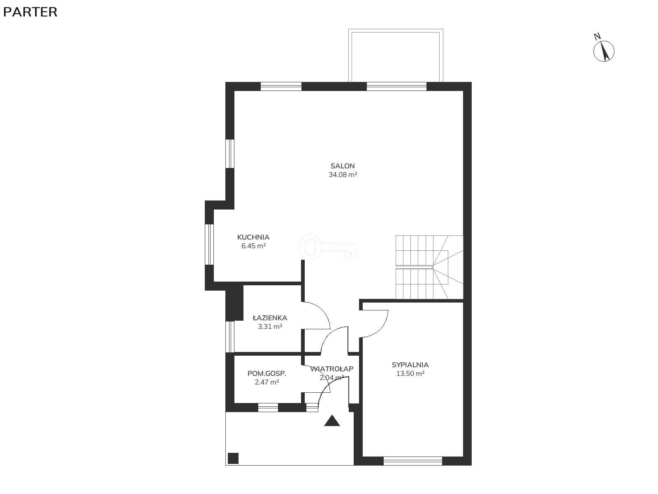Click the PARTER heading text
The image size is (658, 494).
[x=30, y=12]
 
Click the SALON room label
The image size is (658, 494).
[x=342, y=166]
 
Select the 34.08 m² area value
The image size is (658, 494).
[x=343, y=175]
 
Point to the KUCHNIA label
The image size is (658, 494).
[x=253, y=237]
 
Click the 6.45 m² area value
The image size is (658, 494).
[x=254, y=246]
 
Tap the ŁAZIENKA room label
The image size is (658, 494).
[x=270, y=318]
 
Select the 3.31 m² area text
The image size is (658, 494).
[x=270, y=326]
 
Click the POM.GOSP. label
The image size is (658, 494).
[x=267, y=373]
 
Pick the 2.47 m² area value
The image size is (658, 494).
[x=267, y=382]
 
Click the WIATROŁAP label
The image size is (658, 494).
[x=331, y=368]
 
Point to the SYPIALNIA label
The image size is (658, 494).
[x=410, y=365]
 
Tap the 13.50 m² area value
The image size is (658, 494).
[x=410, y=373]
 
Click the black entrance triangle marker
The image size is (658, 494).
[x=332, y=421]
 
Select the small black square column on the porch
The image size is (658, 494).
[x=233, y=458]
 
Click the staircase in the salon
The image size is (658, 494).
[x=429, y=267]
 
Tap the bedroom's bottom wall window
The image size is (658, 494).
[x=413, y=461]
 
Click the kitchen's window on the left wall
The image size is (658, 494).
[x=209, y=245]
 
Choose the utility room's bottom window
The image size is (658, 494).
[x=268, y=408]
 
